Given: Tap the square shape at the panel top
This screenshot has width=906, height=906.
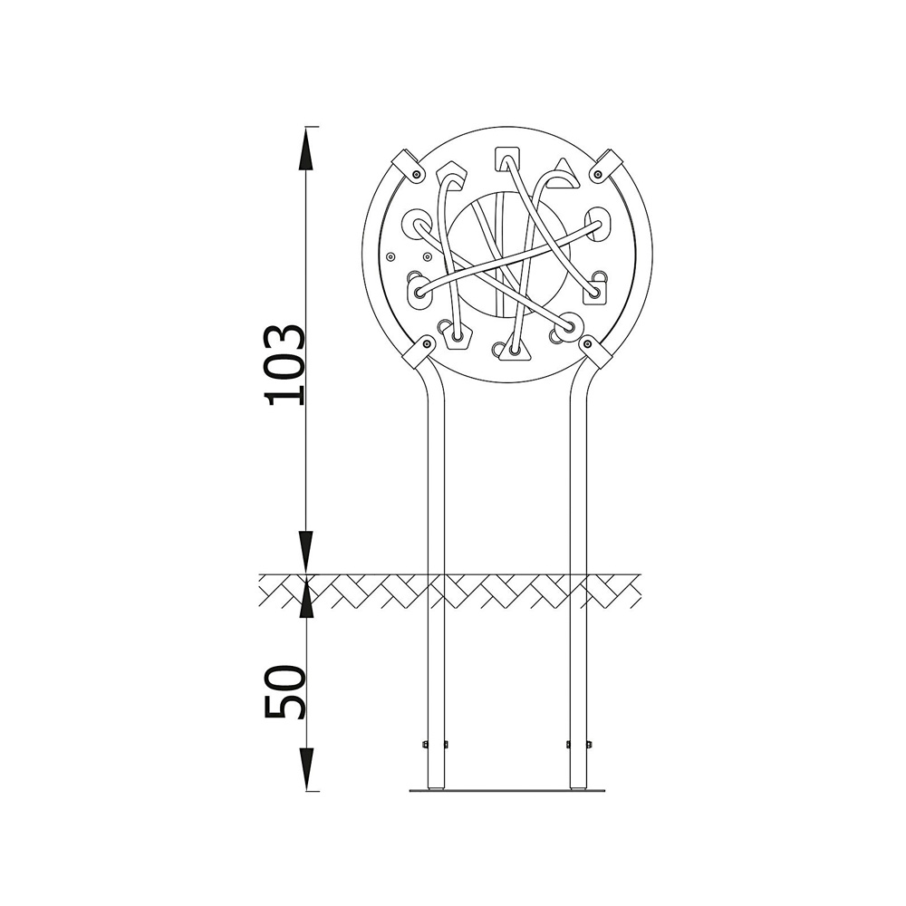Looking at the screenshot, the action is point(507,159).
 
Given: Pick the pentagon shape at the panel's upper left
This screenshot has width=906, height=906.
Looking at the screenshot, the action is point(452,177).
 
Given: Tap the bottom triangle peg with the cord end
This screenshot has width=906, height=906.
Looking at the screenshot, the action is point(515,349).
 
